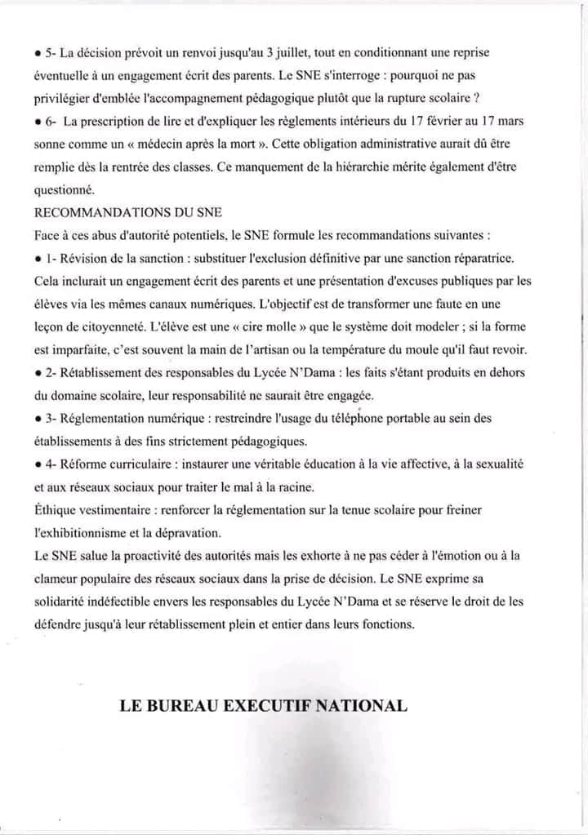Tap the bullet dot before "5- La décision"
tap(38, 53)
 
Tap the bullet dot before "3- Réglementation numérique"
tap(38, 419)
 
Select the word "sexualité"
tap(496, 464)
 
